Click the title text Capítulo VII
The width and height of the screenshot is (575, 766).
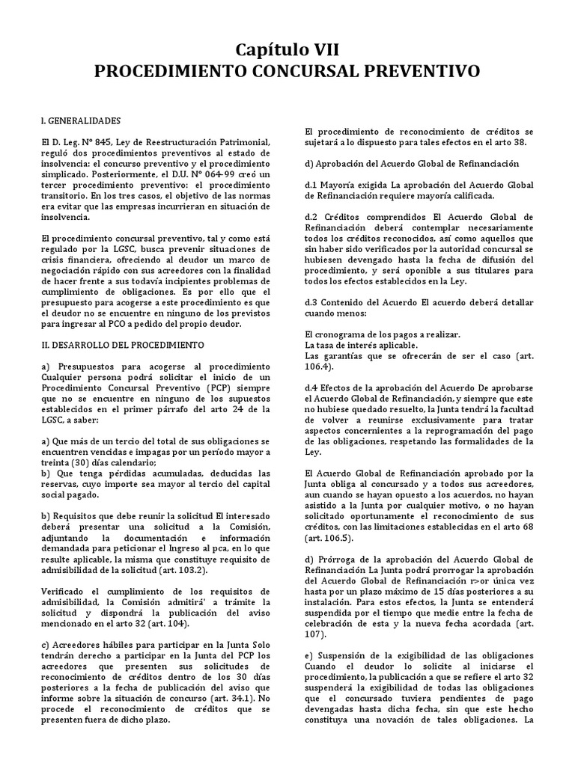tap(287, 50)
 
